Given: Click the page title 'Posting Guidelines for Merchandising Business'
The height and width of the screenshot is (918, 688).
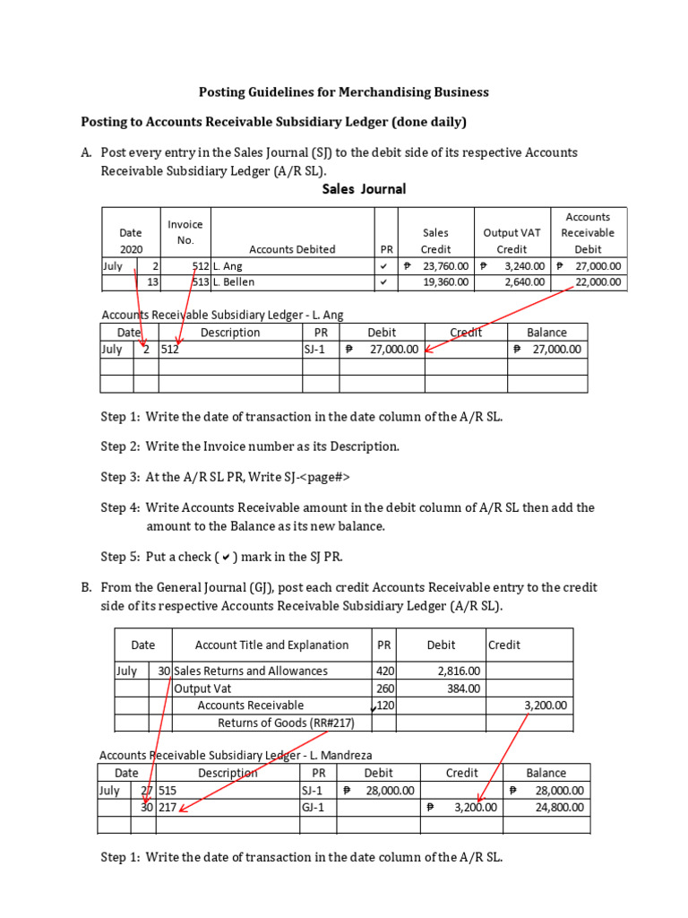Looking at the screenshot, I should [343, 91].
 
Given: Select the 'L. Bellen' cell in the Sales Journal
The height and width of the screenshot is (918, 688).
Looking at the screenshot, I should [234, 282].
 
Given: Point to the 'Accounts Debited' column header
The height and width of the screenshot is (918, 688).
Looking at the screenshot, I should [292, 249].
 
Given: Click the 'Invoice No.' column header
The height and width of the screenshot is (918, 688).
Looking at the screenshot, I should [185, 232].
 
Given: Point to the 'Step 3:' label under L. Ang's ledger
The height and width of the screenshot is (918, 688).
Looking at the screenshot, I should [120, 477].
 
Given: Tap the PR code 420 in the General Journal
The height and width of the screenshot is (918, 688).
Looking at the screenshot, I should [384, 671].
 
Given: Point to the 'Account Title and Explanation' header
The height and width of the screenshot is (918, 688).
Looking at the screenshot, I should [271, 645].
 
